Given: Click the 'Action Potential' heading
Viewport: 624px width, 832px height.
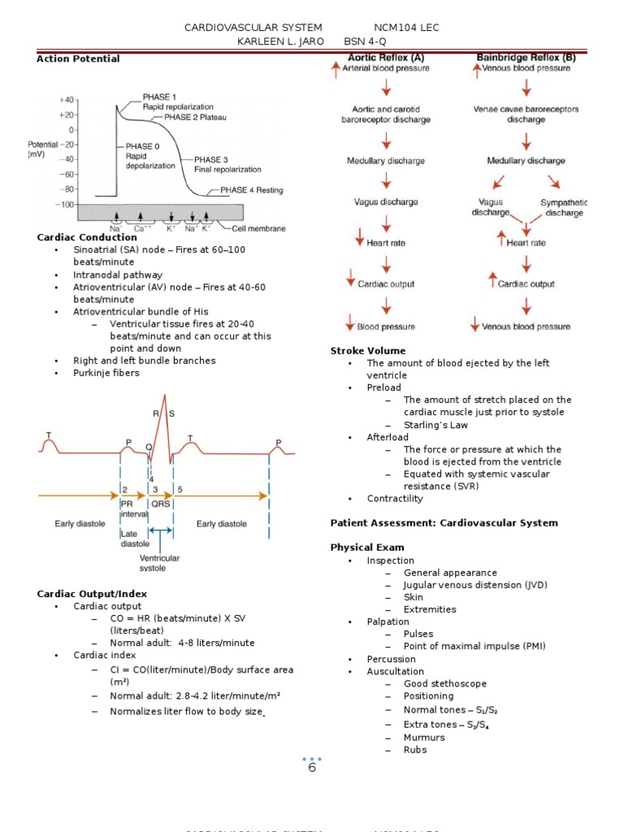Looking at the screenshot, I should point(78,58).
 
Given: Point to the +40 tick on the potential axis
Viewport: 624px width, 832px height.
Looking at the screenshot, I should point(67,99).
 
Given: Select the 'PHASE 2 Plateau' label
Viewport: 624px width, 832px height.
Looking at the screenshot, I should point(195,117).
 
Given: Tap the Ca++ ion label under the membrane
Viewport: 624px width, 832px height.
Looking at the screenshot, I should point(141,229).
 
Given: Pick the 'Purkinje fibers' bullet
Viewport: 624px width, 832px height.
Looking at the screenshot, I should point(106,373).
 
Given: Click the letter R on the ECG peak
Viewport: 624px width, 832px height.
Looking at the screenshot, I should point(156,414).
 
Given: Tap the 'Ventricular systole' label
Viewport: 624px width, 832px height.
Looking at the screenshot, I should point(159,563).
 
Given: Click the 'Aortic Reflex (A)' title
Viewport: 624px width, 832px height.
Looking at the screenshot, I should point(386,58).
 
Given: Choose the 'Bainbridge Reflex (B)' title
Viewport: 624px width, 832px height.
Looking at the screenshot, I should point(525,58).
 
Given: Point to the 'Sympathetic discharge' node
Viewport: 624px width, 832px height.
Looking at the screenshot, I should point(564,207).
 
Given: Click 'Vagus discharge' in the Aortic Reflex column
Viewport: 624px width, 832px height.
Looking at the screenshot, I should point(386,201).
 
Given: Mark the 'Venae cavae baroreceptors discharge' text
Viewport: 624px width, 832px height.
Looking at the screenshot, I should point(526,114).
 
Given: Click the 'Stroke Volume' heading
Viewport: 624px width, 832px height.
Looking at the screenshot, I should point(367,351).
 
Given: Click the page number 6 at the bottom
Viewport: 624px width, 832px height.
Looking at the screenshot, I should point(311,768).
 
